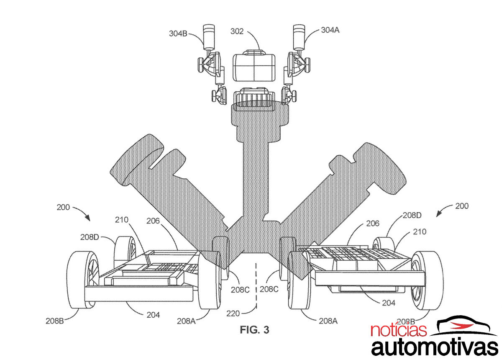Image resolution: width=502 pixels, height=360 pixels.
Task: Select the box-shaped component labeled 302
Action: pyautogui.click(x=254, y=67)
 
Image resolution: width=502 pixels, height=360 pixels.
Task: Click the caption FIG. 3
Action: pyautogui.click(x=254, y=330)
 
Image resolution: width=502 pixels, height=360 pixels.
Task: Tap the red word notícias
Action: pyautogui.click(x=398, y=330)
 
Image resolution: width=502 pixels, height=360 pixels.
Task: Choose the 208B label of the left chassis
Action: pyautogui.click(x=55, y=321)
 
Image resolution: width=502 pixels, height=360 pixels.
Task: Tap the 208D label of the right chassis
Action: pyautogui.click(x=412, y=216)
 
